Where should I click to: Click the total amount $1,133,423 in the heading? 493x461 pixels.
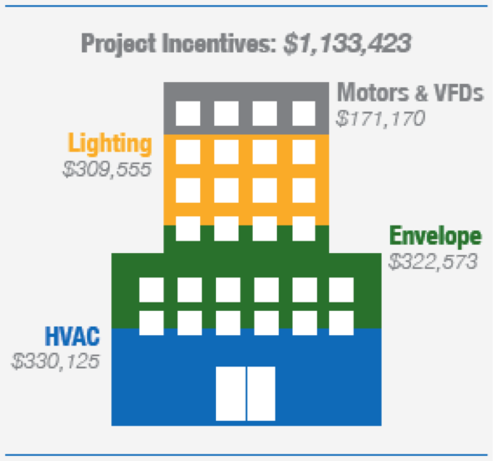pyautogui.click(x=347, y=44)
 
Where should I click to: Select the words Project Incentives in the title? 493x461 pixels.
pyautogui.click(x=178, y=44)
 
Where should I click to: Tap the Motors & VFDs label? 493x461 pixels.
pyautogui.click(x=410, y=92)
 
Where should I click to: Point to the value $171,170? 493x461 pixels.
pyautogui.click(x=381, y=119)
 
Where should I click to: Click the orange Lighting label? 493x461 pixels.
pyautogui.click(x=110, y=143)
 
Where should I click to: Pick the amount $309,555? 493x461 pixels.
pyautogui.click(x=107, y=169)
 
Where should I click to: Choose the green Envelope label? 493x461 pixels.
pyautogui.click(x=435, y=236)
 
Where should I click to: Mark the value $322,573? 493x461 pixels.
pyautogui.click(x=434, y=262)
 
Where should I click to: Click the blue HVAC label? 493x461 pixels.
pyautogui.click(x=72, y=336)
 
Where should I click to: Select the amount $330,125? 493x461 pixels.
pyautogui.click(x=55, y=361)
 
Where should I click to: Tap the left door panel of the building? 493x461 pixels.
pyautogui.click(x=231, y=394)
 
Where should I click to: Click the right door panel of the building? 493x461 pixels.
pyautogui.click(x=261, y=394)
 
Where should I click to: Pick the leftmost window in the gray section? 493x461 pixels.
pyautogui.click(x=188, y=113)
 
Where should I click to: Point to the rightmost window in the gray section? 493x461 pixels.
pyautogui.click(x=304, y=113)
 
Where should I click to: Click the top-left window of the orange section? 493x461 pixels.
pyautogui.click(x=188, y=152)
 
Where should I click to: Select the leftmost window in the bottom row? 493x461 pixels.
pyautogui.click(x=151, y=323)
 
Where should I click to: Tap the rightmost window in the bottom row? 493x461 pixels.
pyautogui.click(x=342, y=323)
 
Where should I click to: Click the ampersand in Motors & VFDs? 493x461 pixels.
pyautogui.click(x=421, y=92)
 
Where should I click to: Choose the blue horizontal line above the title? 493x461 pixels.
pyautogui.click(x=246, y=6)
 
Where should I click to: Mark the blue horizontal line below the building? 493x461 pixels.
pyautogui.click(x=246, y=455)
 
